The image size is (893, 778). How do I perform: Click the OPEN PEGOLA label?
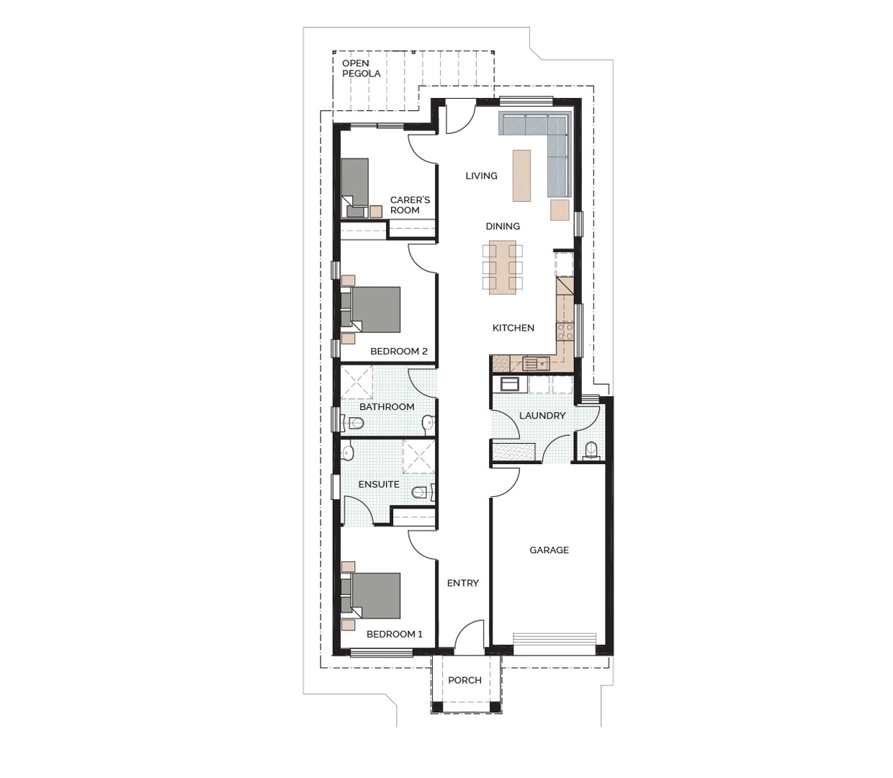pos(361,68)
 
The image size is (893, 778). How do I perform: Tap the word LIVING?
pos(481,176)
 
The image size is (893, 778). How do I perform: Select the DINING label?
pos(503,226)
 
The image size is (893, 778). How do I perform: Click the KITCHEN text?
pos(513,328)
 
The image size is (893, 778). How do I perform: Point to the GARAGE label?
pos(549,550)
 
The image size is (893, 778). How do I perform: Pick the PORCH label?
pos(465,680)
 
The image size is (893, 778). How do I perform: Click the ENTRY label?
pos(462,583)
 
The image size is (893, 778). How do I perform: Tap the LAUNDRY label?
pos(542,415)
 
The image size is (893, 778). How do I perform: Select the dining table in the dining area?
pos(503,267)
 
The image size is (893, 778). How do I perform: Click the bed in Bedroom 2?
pos(371,310)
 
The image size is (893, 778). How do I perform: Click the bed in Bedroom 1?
pos(371,596)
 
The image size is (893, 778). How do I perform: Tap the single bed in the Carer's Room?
pos(354,187)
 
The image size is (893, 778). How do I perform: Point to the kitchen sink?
pos(536,363)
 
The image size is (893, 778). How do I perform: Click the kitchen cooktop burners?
pos(565,332)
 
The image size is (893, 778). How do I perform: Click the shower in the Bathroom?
pos(356,382)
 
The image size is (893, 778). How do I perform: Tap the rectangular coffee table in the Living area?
pos(521,176)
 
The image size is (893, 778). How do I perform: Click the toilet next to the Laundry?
pos(591,450)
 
